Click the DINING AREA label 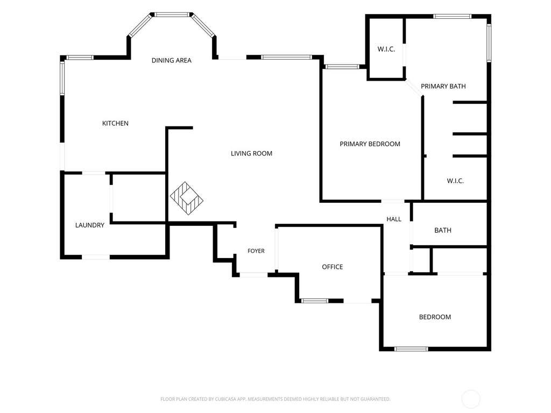172,60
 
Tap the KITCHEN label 115,123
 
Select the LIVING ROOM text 252,153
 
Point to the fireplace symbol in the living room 187,198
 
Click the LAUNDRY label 90,225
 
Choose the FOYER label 256,251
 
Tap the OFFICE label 333,267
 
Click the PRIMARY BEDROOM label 370,144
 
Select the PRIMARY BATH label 443,87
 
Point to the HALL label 394,219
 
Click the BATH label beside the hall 443,230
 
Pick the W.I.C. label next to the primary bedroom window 386,49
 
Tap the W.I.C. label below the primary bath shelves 455,181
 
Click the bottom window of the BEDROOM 411,349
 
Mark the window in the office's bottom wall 315,301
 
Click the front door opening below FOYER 254,275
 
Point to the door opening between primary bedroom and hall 393,201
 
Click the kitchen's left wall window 62,78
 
